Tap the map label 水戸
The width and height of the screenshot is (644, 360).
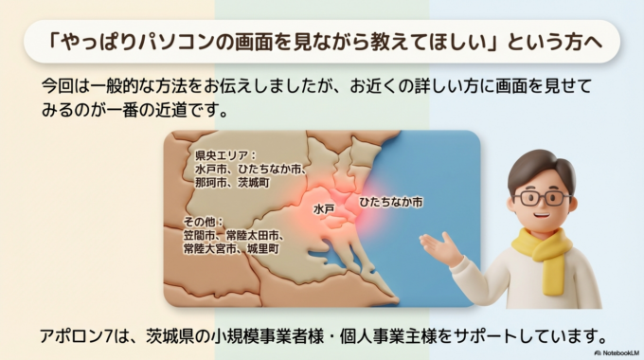pos(324,207)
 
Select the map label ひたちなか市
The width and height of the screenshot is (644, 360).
pos(391,203)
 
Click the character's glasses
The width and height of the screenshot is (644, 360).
pos(544,199)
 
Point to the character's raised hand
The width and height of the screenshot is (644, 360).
pos(438,248)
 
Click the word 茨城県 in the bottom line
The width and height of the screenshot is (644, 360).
pos(162,334)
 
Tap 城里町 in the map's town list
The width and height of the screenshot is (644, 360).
pos(262,247)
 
